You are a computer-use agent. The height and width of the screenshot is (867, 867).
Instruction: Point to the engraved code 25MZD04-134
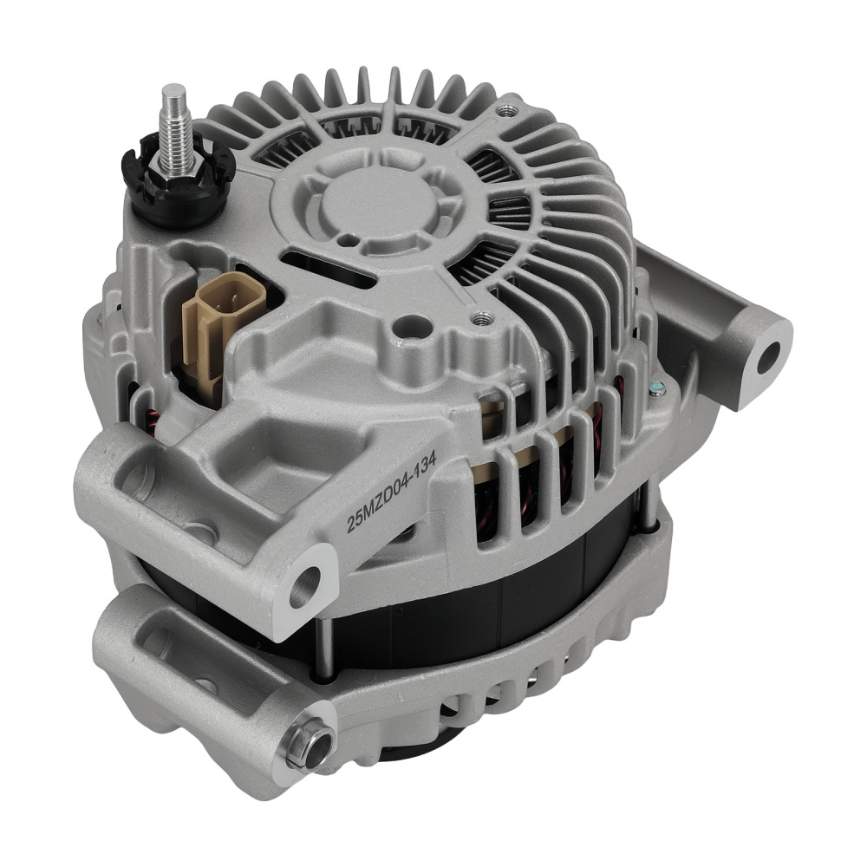[389, 494]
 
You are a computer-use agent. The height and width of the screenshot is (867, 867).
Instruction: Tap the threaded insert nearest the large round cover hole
[474, 318]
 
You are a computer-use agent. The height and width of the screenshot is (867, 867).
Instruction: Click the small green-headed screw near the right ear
[660, 390]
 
